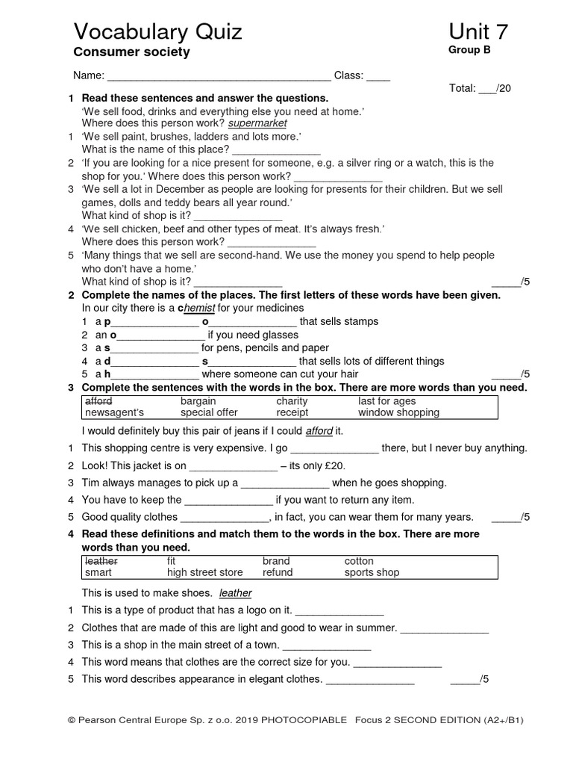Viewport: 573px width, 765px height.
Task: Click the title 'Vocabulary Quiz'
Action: point(157,31)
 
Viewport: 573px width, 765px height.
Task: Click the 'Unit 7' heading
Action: point(479,31)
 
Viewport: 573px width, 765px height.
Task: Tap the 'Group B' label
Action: point(469,51)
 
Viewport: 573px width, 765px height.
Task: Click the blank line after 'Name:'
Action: point(220,76)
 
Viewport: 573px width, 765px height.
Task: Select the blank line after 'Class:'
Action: point(378,76)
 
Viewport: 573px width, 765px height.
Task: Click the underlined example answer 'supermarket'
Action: point(257,123)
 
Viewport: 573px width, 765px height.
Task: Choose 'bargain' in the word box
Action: point(198,401)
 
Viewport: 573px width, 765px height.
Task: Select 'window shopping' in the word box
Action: point(398,412)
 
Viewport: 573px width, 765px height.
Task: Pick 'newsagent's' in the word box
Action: point(114,412)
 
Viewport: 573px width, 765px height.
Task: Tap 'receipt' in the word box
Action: point(292,412)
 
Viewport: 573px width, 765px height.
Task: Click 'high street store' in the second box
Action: point(204,572)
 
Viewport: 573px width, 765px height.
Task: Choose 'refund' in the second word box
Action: point(278,572)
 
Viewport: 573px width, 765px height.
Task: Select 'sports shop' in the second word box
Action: point(372,572)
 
